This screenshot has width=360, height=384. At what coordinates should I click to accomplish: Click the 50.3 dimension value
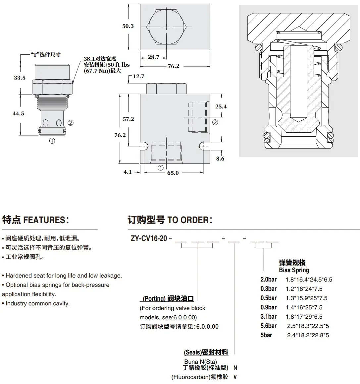tap(128, 26)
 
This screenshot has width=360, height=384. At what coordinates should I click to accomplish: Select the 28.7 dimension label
tap(153, 57)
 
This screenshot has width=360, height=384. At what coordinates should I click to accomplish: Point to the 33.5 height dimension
tap(20, 78)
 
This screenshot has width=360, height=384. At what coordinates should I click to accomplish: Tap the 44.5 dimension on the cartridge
tap(18, 113)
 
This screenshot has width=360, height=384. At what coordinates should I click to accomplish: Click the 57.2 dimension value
tap(129, 119)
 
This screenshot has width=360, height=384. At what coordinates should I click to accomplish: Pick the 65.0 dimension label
tap(173, 173)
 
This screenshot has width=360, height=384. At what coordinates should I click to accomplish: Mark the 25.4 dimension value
tap(221, 106)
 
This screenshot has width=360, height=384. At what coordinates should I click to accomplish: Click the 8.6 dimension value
tap(220, 159)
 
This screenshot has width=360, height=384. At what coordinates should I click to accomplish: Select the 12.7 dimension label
tap(138, 76)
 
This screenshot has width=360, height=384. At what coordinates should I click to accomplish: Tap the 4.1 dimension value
tap(128, 172)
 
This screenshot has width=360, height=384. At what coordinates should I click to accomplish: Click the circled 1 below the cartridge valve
tap(52, 141)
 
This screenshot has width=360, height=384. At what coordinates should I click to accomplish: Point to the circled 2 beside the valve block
tap(215, 122)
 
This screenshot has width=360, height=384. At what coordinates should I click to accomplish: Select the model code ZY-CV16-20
tap(149, 238)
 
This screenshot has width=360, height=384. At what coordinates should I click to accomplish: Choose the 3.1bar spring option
tap(269, 317)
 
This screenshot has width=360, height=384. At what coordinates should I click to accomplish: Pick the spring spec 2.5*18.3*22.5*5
tap(308, 326)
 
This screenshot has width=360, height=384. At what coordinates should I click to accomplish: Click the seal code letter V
tap(235, 377)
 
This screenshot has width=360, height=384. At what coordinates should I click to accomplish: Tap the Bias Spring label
tap(294, 270)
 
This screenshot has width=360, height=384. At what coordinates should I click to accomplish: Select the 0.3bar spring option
tap(269, 289)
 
